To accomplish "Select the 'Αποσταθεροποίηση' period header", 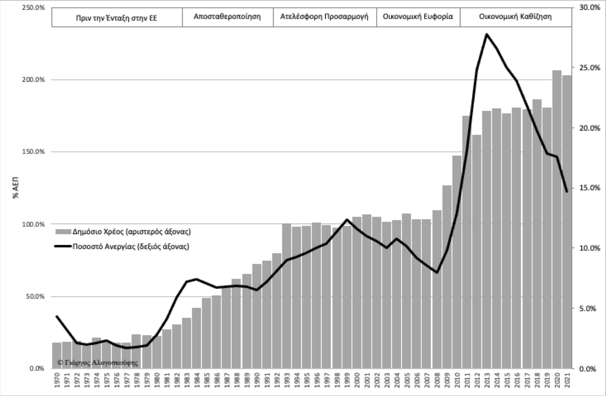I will pyautogui.click(x=227, y=17).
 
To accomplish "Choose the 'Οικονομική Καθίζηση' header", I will pyautogui.click(x=515, y=17).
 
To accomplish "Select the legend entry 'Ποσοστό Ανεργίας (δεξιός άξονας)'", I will pyautogui.click(x=131, y=247).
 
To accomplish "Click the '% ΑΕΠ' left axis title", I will pyautogui.click(x=16, y=187).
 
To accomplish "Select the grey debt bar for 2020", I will pyautogui.click(x=557, y=219).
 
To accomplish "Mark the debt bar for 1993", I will pyautogui.click(x=286, y=296).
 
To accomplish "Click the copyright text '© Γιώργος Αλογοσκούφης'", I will pyautogui.click(x=98, y=362).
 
